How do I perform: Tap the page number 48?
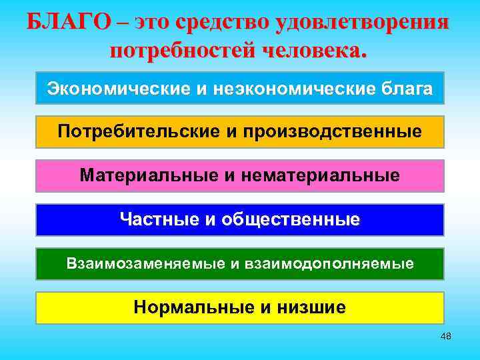point(446,337)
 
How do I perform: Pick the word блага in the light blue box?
point(406,88)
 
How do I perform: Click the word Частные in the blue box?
point(157,219)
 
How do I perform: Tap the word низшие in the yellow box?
point(313,307)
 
